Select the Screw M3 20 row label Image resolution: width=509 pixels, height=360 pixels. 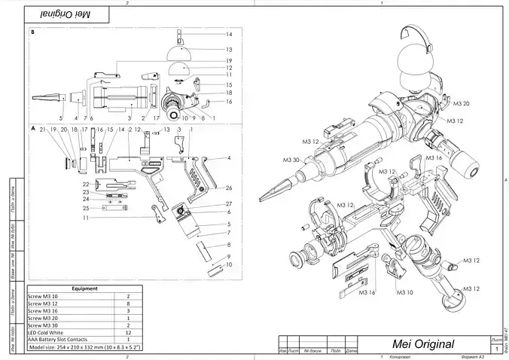[x=44, y=318]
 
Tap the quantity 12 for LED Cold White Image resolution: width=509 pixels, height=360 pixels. [x=128, y=332]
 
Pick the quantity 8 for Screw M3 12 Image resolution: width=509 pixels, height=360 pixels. [x=128, y=304]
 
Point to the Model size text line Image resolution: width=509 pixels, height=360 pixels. [x=86, y=347]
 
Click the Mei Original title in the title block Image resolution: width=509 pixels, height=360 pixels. [x=424, y=343]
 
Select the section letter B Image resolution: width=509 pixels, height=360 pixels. [x=32, y=33]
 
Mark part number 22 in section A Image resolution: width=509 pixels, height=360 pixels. [x=86, y=184]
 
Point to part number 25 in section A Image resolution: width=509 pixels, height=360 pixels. [x=86, y=208]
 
